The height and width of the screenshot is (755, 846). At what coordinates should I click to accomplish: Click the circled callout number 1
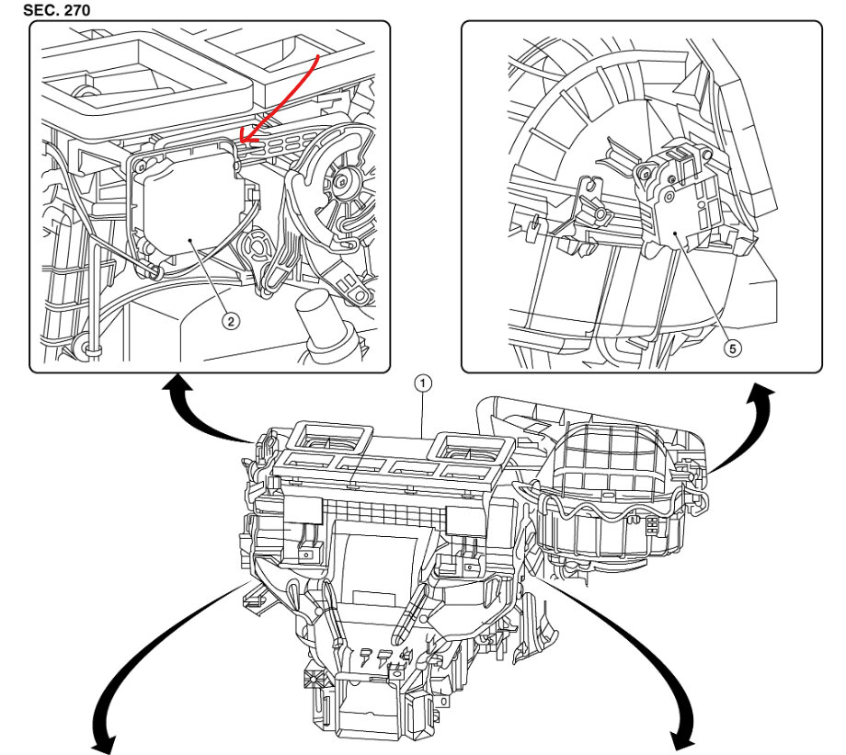[x=422, y=381]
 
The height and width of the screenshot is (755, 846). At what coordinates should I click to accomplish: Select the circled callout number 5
[x=732, y=349]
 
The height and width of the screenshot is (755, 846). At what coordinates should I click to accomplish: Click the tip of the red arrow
[x=240, y=142]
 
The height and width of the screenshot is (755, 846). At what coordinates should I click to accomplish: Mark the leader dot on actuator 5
[x=678, y=235]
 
